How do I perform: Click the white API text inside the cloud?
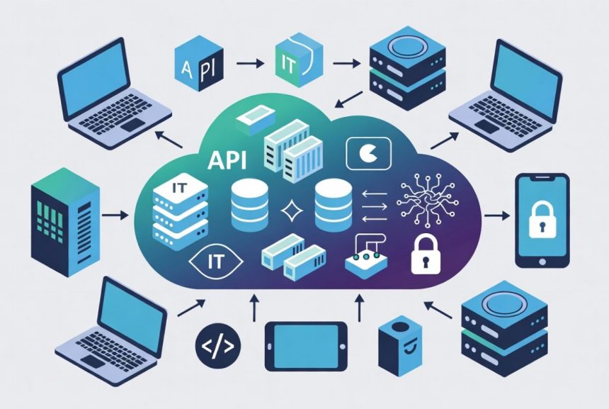pyautogui.click(x=227, y=160)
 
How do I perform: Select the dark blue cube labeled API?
pyautogui.click(x=199, y=63)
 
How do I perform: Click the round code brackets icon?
pyautogui.click(x=218, y=346)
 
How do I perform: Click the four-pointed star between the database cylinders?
pyautogui.click(x=292, y=212)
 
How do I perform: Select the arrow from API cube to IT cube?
pyautogui.click(x=250, y=62)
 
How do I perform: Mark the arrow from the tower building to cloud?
pyautogui.click(x=115, y=215)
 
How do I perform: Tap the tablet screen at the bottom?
pyautogui.click(x=306, y=346)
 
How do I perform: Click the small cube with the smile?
pyautogui.click(x=399, y=346)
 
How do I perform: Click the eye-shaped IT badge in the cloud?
pyautogui.click(x=215, y=262)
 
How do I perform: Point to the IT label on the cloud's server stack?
pyautogui.click(x=179, y=188)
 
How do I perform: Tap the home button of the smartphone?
pyautogui.click(x=542, y=262)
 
